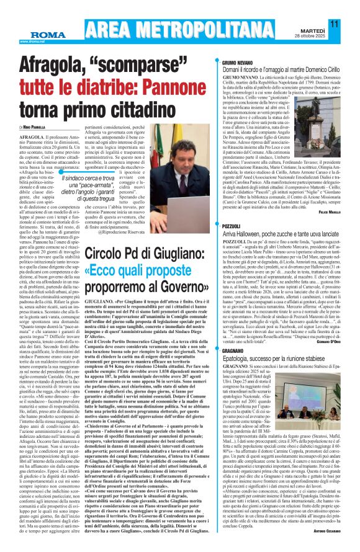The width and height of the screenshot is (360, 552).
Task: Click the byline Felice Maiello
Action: point(338,212)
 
